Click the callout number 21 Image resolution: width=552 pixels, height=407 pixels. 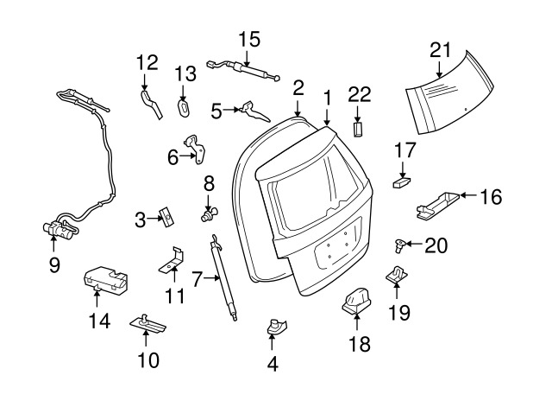coord(441,50)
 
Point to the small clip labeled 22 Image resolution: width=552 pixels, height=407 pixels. coord(359,129)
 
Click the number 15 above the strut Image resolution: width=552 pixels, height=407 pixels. coord(249,39)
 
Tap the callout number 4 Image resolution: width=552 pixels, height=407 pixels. coord(273,365)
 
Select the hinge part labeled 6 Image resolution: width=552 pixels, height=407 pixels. coord(197,150)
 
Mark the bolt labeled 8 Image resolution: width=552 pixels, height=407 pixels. coord(209,211)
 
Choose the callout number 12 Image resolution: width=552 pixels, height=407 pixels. coord(147,62)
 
